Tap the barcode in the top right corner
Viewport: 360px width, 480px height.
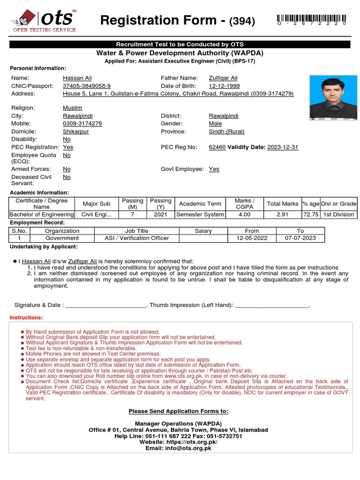pyautogui.click(x=313, y=19)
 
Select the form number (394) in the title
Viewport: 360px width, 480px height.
pyautogui.click(x=242, y=21)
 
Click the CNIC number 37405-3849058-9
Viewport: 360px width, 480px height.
pyautogui.click(x=87, y=86)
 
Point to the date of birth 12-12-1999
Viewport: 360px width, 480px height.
pyautogui.click(x=224, y=86)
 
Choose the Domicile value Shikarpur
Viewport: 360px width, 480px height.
pyautogui.click(x=75, y=131)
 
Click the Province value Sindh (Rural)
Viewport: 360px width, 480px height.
pyautogui.click(x=226, y=131)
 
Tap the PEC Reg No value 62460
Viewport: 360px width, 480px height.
pyautogui.click(x=217, y=147)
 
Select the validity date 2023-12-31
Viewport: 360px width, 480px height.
pyautogui.click(x=283, y=147)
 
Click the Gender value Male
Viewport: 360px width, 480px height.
pyautogui.click(x=215, y=123)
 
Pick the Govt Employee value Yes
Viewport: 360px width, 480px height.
pyautogui.click(x=214, y=169)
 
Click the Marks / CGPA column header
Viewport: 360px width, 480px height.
pyautogui.click(x=244, y=204)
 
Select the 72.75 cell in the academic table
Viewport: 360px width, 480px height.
pyautogui.click(x=310, y=214)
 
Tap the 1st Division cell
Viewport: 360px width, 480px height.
pyautogui.click(x=338, y=214)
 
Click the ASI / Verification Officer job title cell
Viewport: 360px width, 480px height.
pyautogui.click(x=136, y=238)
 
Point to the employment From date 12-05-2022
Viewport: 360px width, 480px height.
pyautogui.click(x=252, y=238)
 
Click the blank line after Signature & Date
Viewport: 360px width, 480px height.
pyautogui.click(x=106, y=305)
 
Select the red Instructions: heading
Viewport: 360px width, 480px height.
pyautogui.click(x=26, y=318)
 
